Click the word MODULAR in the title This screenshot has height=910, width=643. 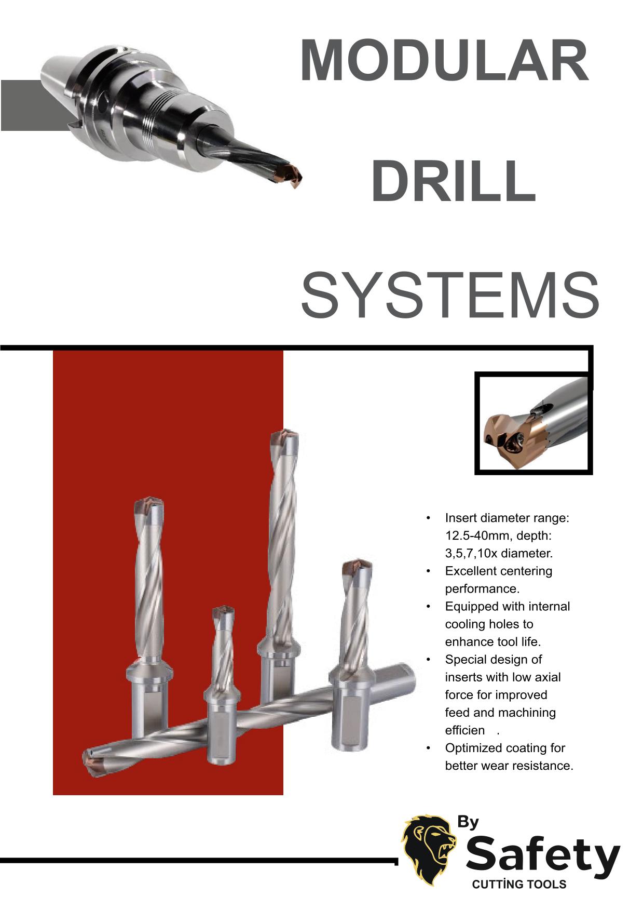[x=444, y=62]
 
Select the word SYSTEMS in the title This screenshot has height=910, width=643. [x=450, y=296]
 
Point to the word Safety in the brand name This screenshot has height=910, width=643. [x=543, y=856]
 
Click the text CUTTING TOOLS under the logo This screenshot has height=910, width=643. [x=519, y=885]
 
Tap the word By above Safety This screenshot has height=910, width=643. [x=468, y=822]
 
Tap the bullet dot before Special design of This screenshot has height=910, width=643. [x=428, y=660]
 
